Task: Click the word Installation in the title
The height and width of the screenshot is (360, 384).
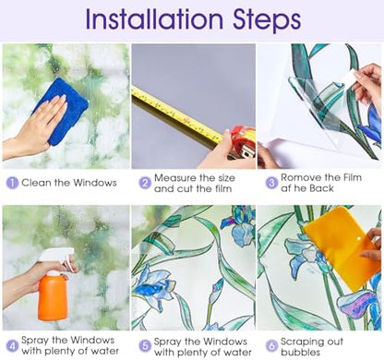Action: [x=154, y=19]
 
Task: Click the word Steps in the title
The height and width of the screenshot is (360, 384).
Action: [x=267, y=21]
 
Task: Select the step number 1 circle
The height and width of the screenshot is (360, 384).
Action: [x=12, y=183]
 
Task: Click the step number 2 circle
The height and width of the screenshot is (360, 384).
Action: [x=145, y=183]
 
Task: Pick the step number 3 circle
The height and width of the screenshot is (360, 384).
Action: [x=271, y=183]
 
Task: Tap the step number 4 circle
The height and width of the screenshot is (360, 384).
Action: [x=12, y=346]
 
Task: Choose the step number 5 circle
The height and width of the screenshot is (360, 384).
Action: [x=145, y=346]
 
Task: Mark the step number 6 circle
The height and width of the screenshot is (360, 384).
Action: [x=271, y=346]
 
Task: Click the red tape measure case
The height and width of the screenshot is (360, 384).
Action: [x=243, y=142]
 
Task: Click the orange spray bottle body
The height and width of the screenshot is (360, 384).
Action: [x=53, y=296]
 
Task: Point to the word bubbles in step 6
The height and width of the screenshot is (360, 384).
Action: [x=300, y=352]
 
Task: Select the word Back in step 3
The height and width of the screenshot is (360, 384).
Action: [x=321, y=188]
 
